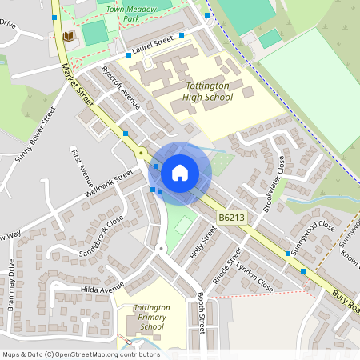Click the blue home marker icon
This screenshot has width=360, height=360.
[x=180, y=172]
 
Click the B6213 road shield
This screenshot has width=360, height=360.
[x=231, y=217]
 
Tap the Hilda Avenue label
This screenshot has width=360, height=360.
[x=102, y=288]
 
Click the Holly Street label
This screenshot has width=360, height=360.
[x=204, y=243]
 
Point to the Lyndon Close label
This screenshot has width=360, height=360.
[x=254, y=275]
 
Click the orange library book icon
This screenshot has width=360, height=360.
[x=68, y=36]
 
